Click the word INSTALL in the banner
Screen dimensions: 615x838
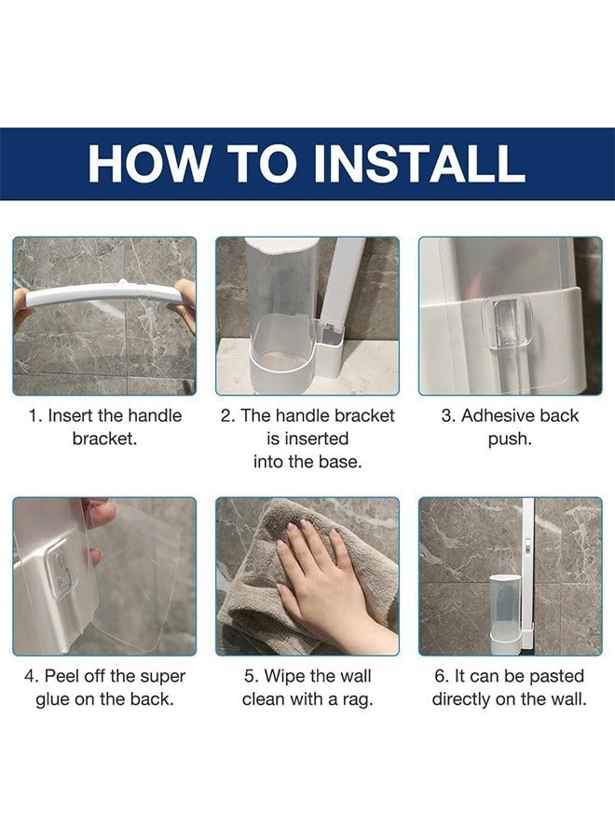tap(418, 163)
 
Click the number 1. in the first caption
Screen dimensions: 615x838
tap(35, 416)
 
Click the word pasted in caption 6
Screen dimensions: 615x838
tap(555, 676)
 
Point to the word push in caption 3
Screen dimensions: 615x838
tap(509, 439)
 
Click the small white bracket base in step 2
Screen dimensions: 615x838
tap(330, 347)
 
